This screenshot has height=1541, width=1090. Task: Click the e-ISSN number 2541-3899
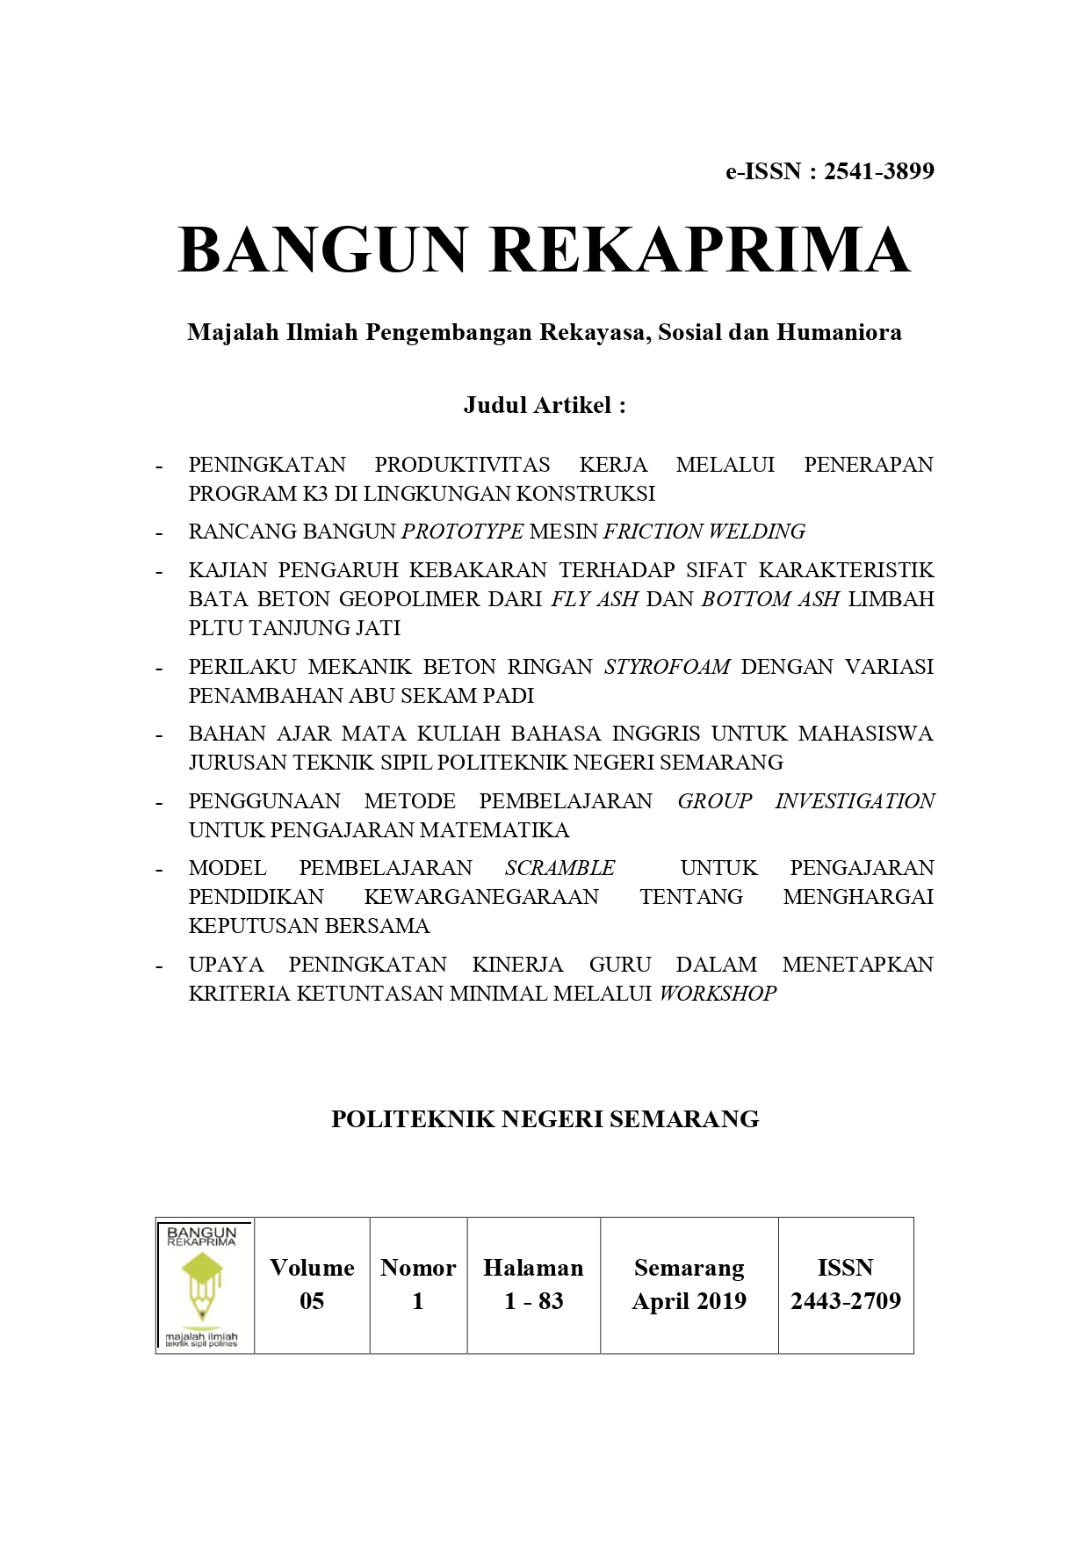pos(878,171)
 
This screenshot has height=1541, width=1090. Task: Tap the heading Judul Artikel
pos(545,405)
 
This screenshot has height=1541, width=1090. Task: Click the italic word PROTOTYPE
pos(462,532)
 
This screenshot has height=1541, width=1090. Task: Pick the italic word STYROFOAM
pos(668,667)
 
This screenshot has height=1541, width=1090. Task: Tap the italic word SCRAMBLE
pos(559,868)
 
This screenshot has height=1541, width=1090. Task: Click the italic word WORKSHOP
pos(718,994)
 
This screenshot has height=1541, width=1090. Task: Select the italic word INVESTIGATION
pos(855,801)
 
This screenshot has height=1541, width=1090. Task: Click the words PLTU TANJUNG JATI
pos(294,628)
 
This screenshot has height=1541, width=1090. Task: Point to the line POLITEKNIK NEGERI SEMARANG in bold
pos(545,1119)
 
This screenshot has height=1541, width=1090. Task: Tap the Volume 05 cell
pos(312,1284)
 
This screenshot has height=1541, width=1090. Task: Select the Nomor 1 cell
pos(418,1284)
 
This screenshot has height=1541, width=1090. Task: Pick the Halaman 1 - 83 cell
pos(533,1284)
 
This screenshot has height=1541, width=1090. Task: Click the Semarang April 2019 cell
pos(689,1284)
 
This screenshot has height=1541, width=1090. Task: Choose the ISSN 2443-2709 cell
pos(845,1284)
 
